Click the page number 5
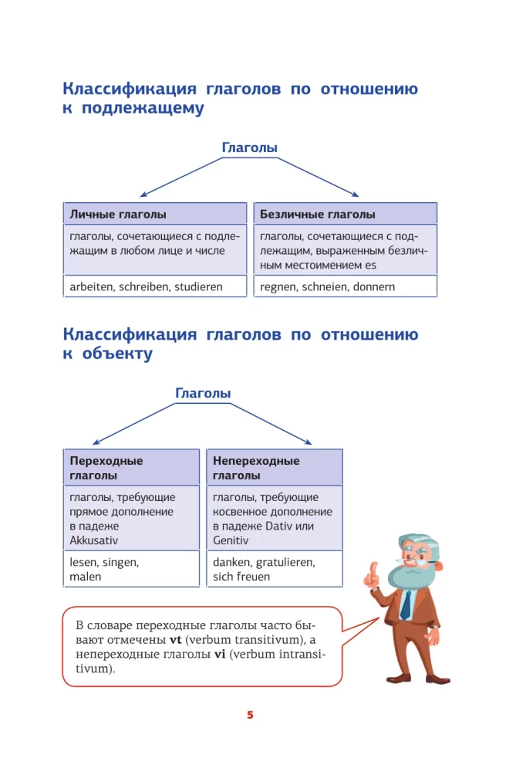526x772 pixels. coord(250,715)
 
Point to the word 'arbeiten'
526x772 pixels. coord(90,286)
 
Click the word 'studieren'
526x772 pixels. coord(198,286)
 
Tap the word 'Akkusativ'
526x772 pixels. coord(95,540)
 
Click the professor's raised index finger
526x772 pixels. coord(373,570)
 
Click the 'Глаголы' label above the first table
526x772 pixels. coord(249,147)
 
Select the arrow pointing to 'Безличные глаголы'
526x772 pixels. coord(318,177)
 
